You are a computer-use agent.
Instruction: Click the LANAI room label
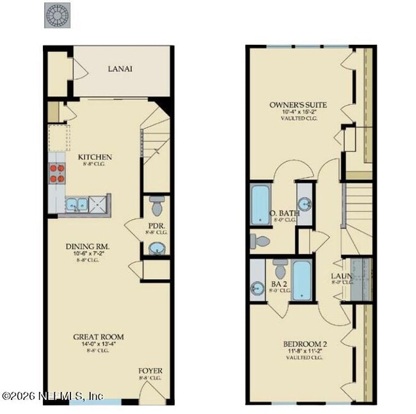pyautogui.click(x=120, y=69)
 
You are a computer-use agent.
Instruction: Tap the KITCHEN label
pyautogui.click(x=95, y=157)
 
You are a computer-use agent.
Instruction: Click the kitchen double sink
pyautogui.click(x=77, y=205)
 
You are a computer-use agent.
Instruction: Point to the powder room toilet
pyautogui.click(x=157, y=206)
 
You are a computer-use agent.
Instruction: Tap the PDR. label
pyautogui.click(x=157, y=226)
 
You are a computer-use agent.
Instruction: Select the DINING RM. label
pyautogui.click(x=88, y=246)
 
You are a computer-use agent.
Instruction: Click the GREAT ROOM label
pyautogui.click(x=98, y=337)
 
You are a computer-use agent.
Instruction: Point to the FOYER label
pyautogui.click(x=150, y=371)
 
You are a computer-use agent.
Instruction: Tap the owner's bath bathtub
pyautogui.click(x=260, y=205)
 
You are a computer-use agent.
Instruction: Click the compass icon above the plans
pyautogui.click(x=56, y=15)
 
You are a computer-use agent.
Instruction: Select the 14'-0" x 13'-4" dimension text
pyautogui.click(x=98, y=345)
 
